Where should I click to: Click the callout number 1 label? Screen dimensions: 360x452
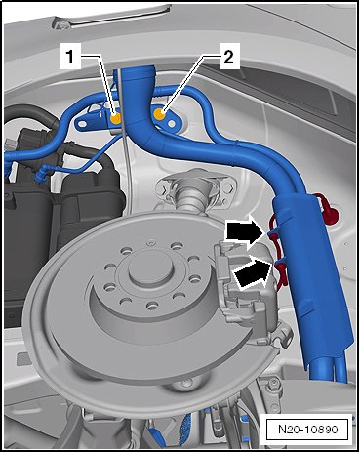(x=70, y=58)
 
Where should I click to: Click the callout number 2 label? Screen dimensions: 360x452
(x=229, y=58)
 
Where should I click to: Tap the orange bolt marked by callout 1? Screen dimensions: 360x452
(x=115, y=119)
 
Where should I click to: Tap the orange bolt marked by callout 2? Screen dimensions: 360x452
(x=159, y=114)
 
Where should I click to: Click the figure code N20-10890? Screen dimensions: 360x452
(x=308, y=429)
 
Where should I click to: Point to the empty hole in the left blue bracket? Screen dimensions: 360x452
(x=83, y=124)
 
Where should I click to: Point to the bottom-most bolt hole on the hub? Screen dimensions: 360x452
(x=150, y=306)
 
